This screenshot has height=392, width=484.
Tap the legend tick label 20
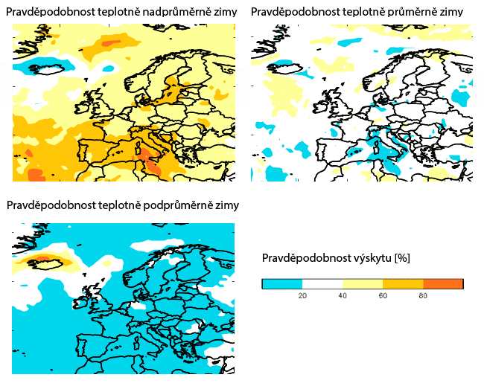pyautogui.click(x=302, y=295)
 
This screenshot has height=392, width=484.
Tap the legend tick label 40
pyautogui.click(x=343, y=295)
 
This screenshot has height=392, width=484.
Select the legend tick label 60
pyautogui.click(x=383, y=295)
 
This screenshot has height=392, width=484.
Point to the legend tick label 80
pyautogui.click(x=423, y=295)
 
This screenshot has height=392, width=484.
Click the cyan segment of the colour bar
pyautogui.click(x=282, y=283)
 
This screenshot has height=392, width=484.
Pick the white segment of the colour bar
pyautogui.click(x=322, y=283)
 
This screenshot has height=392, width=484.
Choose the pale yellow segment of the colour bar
pyautogui.click(x=363, y=283)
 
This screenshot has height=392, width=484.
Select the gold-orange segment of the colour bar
pyautogui.click(x=403, y=283)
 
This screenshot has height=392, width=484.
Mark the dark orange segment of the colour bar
pyautogui.click(x=443, y=283)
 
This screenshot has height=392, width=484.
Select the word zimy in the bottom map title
pyautogui.click(x=226, y=205)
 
